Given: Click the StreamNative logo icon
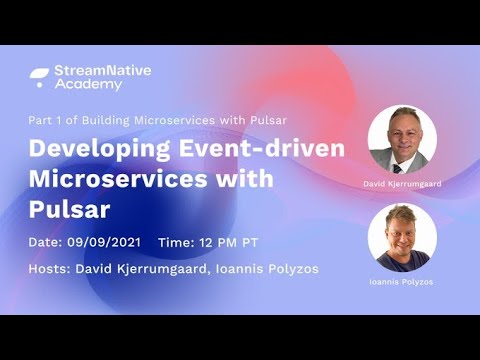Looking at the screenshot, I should (39, 76).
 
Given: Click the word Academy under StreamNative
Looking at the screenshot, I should (90, 85).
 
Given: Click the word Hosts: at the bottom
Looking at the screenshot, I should (51, 270).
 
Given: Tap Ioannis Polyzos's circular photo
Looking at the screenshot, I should (402, 237).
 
